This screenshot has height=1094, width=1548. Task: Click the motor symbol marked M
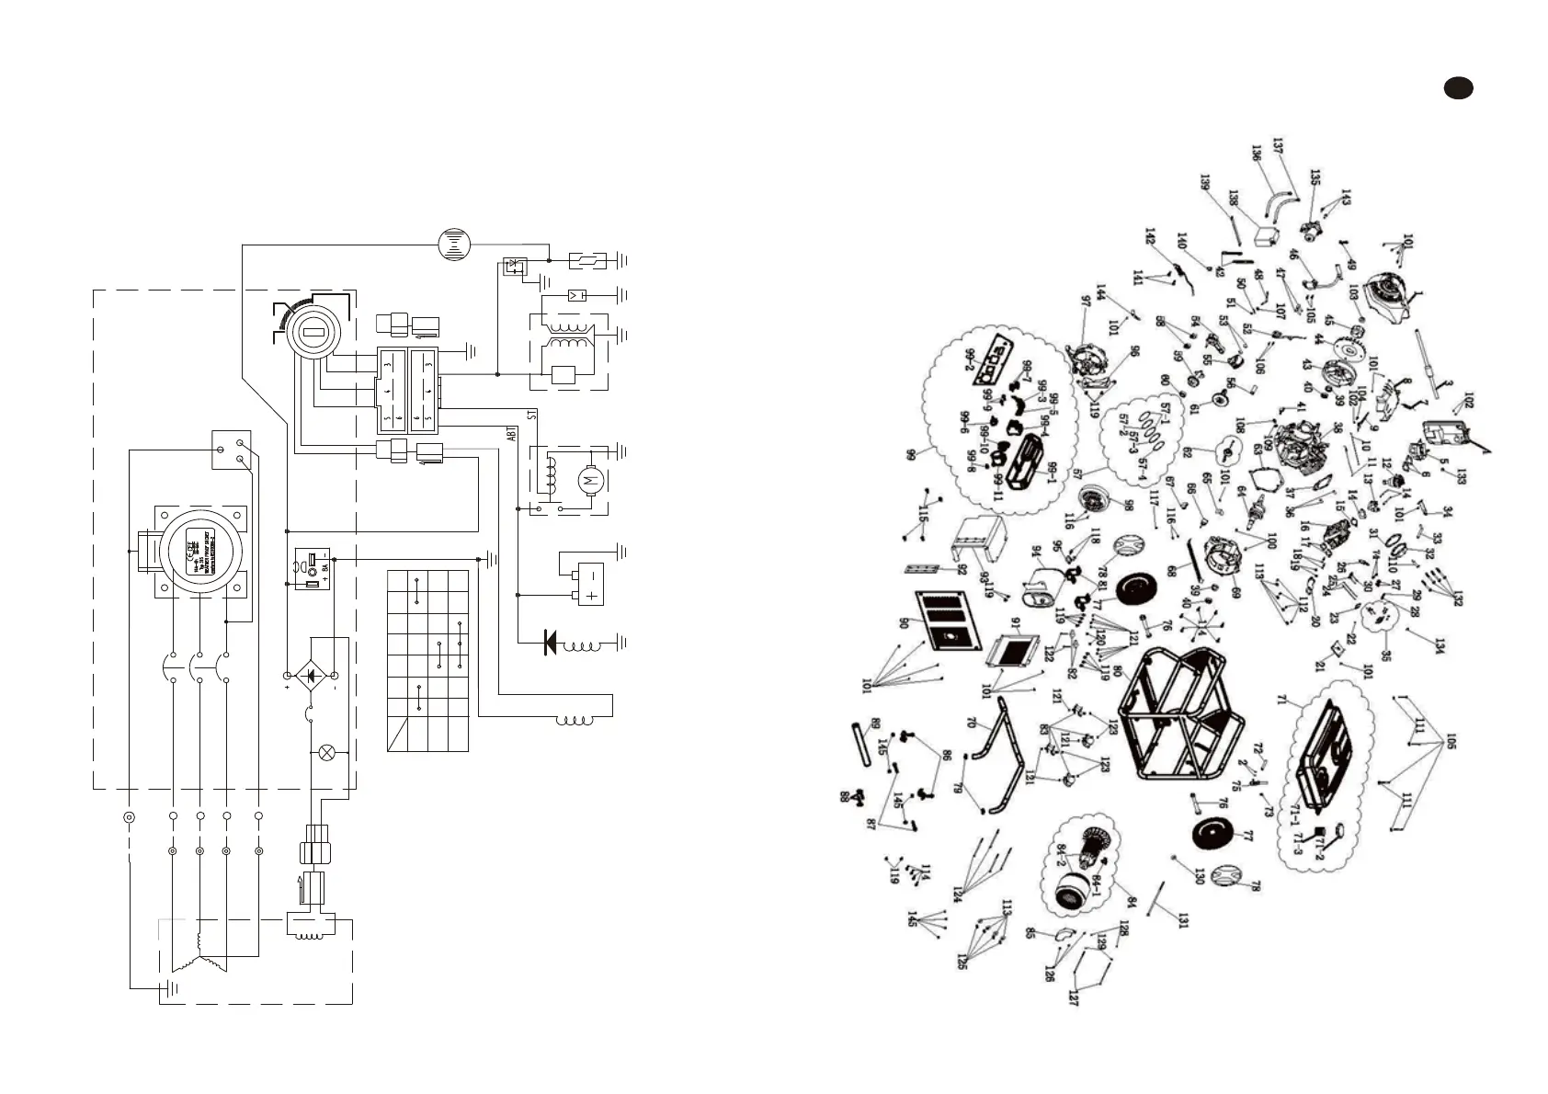(590, 479)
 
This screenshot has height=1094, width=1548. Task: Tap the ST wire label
(532, 415)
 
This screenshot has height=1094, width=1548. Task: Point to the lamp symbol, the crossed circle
(325, 752)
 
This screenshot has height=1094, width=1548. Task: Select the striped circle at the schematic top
(454, 244)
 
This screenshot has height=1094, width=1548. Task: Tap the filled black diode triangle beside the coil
(551, 642)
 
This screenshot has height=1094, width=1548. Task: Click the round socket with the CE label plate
(200, 551)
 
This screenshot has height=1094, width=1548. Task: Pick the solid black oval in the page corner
(1457, 87)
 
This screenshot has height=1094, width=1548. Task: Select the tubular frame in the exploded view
(1181, 712)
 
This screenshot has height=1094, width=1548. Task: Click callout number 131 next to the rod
(1182, 920)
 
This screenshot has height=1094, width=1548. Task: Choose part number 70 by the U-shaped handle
(971, 723)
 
